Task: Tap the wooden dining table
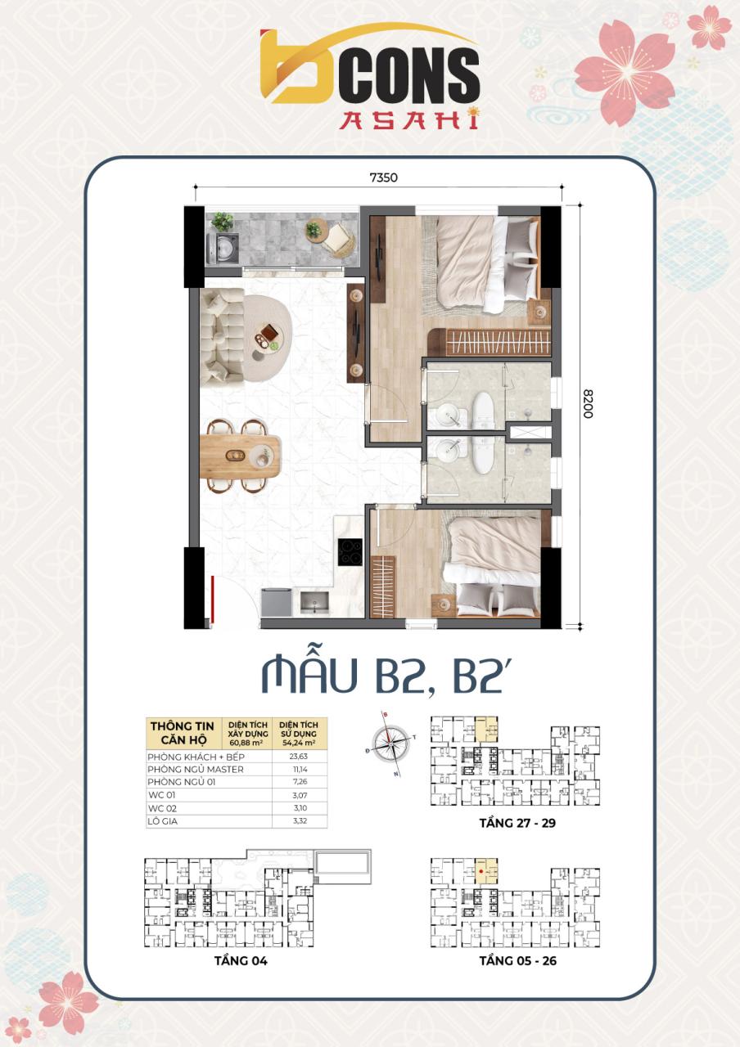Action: pos(240,454)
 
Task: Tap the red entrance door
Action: pos(212,600)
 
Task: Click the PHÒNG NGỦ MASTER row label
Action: pos(196,769)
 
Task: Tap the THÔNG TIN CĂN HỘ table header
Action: pos(182,731)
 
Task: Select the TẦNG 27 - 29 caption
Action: pos(517,823)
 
